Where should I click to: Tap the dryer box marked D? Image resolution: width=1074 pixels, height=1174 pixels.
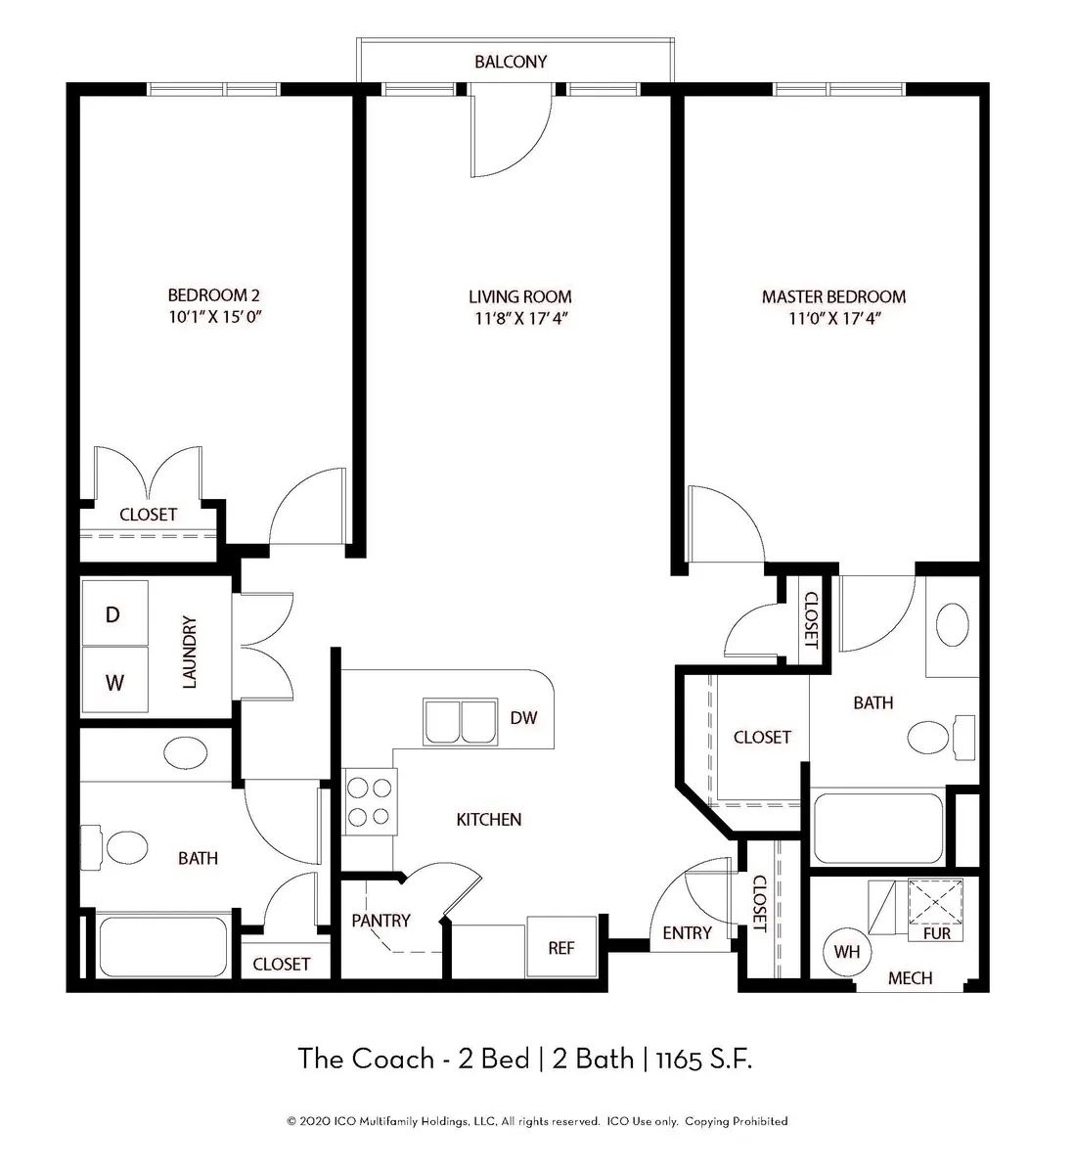point(113,614)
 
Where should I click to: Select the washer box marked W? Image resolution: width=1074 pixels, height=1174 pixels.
point(114,682)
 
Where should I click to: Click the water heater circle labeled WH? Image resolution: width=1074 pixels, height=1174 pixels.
point(846,950)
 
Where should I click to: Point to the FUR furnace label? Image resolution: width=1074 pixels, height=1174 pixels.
point(936,933)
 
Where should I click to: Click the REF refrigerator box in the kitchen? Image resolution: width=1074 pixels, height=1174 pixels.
point(560,947)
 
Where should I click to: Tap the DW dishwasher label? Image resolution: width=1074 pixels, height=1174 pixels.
point(523,718)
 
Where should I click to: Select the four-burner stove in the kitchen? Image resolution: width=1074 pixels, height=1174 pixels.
point(371,802)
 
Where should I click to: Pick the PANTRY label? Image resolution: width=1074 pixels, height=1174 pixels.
point(380,921)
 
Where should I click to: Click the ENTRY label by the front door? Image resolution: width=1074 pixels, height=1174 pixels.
point(687,933)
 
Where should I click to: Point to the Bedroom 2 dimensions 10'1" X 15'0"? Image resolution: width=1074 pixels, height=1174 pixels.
point(213,317)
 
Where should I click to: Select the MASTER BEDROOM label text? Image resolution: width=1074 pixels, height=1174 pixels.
point(833,296)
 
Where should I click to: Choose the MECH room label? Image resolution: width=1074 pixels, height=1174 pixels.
point(910,977)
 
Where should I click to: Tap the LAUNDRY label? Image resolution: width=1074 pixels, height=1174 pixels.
point(190,652)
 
